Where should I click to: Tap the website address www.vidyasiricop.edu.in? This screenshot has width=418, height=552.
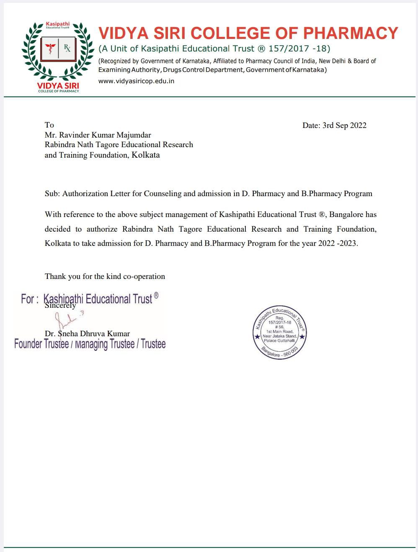coord(136,81)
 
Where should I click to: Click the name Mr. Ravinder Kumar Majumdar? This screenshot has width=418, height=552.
coord(98,135)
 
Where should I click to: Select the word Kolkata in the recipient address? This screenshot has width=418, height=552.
coord(146,155)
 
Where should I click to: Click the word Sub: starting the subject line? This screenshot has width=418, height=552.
coord(52,194)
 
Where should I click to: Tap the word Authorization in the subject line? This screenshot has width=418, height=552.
coord(85,194)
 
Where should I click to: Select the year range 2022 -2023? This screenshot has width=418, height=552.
coord(338,243)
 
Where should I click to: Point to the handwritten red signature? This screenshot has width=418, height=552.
coord(67,320)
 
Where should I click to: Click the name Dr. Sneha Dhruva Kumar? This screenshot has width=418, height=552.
coord(87,334)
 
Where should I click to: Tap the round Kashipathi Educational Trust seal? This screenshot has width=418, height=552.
coord(279,332)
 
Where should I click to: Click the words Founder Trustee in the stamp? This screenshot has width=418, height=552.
coord(41,344)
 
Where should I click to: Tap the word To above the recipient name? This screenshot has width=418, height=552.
coord(49,125)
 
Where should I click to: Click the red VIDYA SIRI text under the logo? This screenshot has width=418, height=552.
coord(58,86)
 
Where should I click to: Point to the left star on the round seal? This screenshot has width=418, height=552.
coord(257,337)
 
